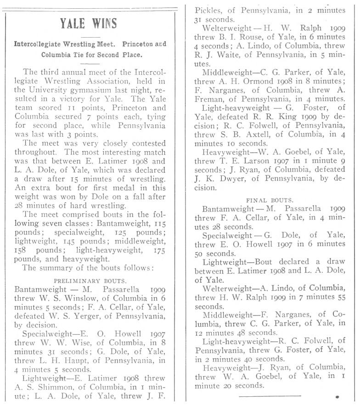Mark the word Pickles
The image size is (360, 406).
point(210,9)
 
